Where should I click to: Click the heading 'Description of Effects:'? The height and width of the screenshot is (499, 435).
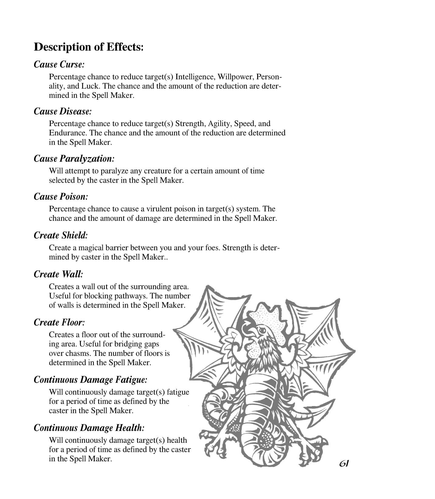[88, 47]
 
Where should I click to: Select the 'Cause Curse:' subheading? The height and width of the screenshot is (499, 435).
[59, 64]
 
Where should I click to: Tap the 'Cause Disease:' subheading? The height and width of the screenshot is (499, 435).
[63, 112]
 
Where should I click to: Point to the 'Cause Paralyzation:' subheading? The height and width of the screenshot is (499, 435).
[74, 159]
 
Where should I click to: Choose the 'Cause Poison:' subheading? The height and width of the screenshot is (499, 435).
[61, 197]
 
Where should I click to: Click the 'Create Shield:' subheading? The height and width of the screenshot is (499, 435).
[61, 235]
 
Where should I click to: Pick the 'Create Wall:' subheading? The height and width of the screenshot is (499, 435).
[58, 274]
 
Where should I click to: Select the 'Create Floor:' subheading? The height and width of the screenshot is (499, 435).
[59, 322]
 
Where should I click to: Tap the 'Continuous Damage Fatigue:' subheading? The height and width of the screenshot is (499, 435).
[91, 380]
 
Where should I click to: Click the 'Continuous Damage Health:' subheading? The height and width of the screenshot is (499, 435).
[89, 428]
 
